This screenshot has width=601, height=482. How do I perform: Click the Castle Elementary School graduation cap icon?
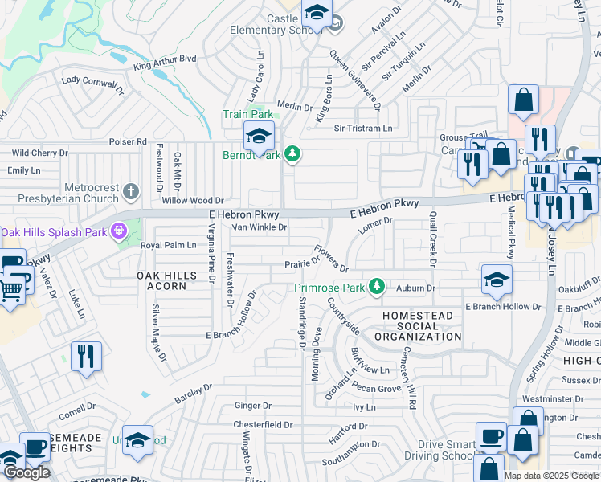[317, 14]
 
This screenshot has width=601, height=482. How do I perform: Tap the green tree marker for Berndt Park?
[293, 153]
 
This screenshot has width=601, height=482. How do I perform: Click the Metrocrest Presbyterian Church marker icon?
[133, 191]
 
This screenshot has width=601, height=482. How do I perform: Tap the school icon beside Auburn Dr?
[497, 280]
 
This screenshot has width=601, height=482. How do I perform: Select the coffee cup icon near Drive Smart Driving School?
[491, 436]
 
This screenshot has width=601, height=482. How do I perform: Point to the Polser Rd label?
[129, 141]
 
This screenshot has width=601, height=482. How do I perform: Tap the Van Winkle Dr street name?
[259, 227]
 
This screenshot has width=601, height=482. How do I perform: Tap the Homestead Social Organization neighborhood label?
[422, 326]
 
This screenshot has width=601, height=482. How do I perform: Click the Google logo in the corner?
[27, 472]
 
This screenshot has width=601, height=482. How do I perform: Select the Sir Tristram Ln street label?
[363, 129]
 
